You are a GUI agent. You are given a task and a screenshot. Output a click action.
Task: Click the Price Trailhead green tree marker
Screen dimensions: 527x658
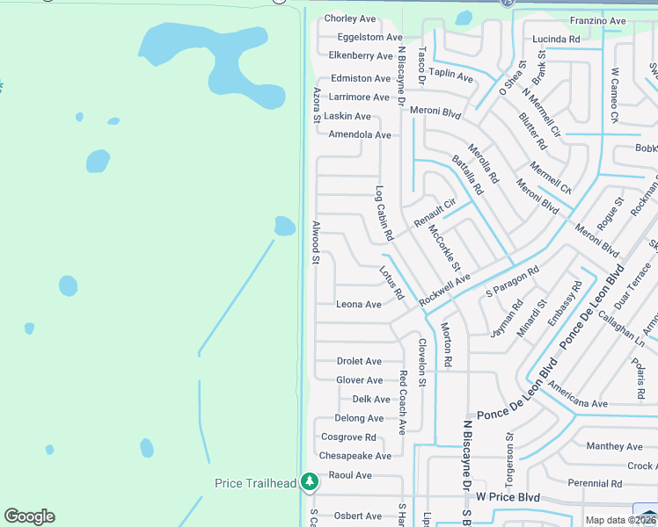(309, 481)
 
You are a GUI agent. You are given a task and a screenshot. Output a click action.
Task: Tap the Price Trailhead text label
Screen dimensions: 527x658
(256, 483)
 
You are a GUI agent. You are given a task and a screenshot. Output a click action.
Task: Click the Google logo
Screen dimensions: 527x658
(29, 516)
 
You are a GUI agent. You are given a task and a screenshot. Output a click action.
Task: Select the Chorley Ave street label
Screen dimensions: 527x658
(350, 18)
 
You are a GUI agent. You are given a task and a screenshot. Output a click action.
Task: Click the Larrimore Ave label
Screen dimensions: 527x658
(359, 97)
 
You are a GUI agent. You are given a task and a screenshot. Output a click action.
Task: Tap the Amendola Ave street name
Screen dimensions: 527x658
(359, 134)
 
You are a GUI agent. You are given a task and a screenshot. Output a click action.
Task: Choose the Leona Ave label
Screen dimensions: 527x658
(359, 304)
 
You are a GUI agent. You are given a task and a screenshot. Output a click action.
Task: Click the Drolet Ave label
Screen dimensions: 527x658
(359, 361)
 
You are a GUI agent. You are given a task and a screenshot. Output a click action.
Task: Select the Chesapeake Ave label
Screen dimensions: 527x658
(355, 456)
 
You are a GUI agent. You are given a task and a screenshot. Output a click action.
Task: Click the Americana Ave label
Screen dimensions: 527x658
(575, 403)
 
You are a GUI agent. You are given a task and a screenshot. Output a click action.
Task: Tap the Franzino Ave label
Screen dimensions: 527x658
(597, 20)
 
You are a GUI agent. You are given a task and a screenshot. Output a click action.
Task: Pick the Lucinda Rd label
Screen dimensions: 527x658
(556, 40)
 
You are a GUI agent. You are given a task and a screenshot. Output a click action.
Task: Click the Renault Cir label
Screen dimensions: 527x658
(435, 210)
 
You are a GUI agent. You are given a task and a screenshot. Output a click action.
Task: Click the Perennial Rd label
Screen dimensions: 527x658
(595, 483)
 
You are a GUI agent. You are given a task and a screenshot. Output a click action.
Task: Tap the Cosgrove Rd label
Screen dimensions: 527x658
(348, 437)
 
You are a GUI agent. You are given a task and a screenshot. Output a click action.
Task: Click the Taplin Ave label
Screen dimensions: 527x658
(452, 77)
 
